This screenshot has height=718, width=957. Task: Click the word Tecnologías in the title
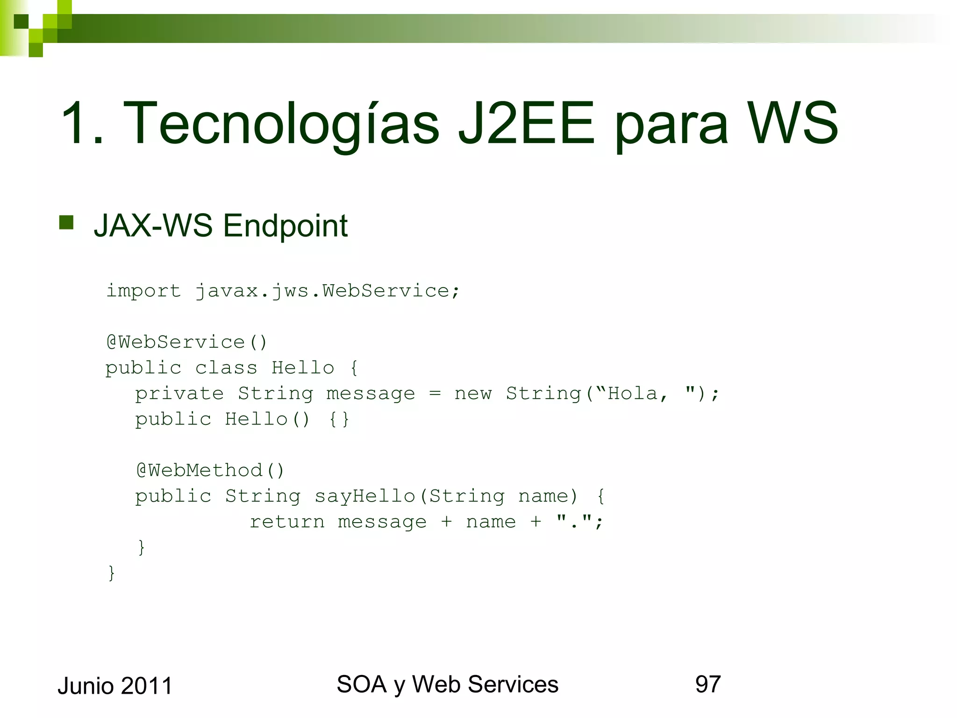(x=281, y=124)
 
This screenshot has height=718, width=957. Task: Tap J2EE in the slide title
(x=526, y=124)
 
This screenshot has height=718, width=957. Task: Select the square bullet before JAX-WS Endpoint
(x=66, y=223)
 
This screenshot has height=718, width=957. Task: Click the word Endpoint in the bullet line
(x=285, y=226)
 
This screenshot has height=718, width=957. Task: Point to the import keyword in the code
(x=143, y=291)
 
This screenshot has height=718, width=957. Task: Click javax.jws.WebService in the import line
(x=322, y=291)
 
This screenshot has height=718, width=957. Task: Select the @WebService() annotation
(x=186, y=342)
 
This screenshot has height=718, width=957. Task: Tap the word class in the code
(x=226, y=368)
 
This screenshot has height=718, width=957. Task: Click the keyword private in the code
(x=179, y=394)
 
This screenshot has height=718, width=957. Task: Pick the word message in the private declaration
(x=370, y=394)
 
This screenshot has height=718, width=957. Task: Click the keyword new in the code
(x=473, y=394)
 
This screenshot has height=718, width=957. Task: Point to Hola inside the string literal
(x=632, y=394)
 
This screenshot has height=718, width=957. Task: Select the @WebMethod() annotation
(x=210, y=470)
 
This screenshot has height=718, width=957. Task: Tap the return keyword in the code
(x=287, y=522)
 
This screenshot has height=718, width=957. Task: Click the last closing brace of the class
(x=111, y=573)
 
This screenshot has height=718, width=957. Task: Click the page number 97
(x=707, y=684)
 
